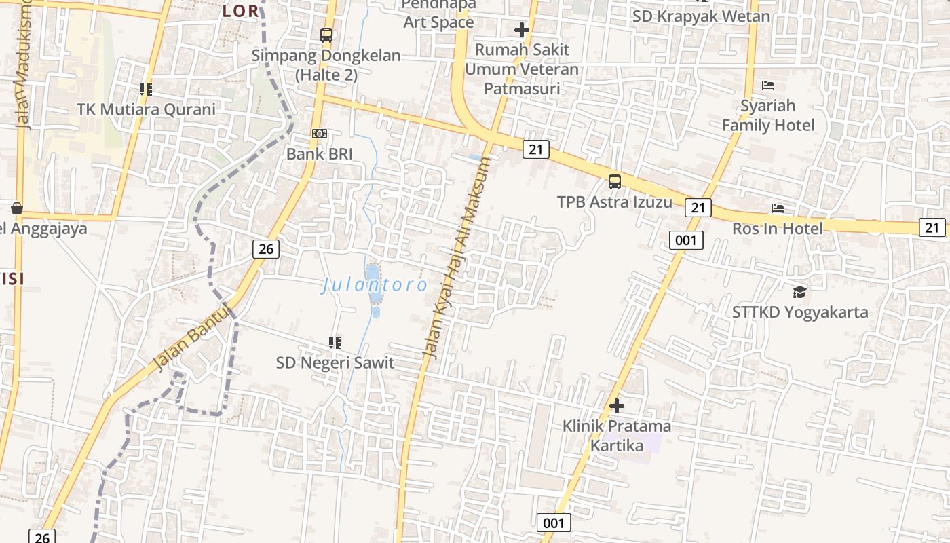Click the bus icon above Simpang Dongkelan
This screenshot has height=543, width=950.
click(x=326, y=35)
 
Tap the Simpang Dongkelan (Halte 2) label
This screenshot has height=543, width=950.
click(x=326, y=65)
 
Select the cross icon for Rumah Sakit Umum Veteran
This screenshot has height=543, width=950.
click(x=521, y=30)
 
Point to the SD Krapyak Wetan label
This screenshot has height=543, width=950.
click(x=701, y=16)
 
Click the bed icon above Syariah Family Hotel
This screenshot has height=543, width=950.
click(x=768, y=86)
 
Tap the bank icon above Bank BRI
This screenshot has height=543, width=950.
click(x=320, y=134)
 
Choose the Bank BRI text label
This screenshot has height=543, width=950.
click(x=320, y=154)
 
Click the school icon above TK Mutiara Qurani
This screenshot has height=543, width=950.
click(x=145, y=89)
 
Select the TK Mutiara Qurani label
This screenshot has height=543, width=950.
click(x=146, y=109)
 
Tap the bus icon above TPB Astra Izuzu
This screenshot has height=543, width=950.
click(x=615, y=181)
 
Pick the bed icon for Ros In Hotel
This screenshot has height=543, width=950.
click(x=778, y=208)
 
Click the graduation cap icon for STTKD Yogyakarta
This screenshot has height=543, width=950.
click(x=800, y=292)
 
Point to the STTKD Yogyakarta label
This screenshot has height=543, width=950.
click(x=800, y=312)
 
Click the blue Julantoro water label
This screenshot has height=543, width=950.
click(x=375, y=285)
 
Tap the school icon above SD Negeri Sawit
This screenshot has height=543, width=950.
click(x=335, y=342)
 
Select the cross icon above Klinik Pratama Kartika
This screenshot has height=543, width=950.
click(x=617, y=406)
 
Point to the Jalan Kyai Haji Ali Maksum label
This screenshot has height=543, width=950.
click(x=456, y=258)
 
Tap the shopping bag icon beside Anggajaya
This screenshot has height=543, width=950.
click(x=17, y=208)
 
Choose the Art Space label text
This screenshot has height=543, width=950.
click(x=439, y=22)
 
